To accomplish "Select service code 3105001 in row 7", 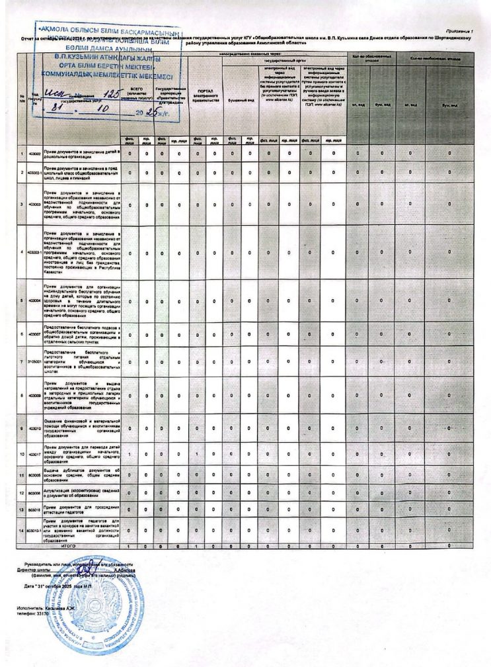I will (x=34, y=362).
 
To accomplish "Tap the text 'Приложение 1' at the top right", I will (x=460, y=31).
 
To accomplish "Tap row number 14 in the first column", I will (x=22, y=531).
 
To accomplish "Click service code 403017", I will (x=34, y=455).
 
